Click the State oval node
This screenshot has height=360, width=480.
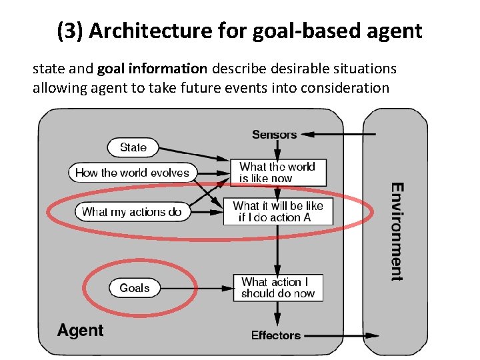(133, 147)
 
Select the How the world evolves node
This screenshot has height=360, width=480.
(133, 173)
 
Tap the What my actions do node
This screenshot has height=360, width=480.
(132, 212)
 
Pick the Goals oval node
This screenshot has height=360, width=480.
(135, 288)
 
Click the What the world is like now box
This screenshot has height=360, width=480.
(278, 173)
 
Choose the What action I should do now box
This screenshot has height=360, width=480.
(278, 287)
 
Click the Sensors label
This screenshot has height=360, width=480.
(274, 135)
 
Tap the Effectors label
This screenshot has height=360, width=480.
(276, 335)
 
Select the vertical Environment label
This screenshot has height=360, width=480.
(397, 231)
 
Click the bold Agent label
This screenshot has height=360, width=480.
(80, 331)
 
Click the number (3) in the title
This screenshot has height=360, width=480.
(69, 31)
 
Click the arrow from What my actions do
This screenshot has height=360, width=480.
(207, 212)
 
